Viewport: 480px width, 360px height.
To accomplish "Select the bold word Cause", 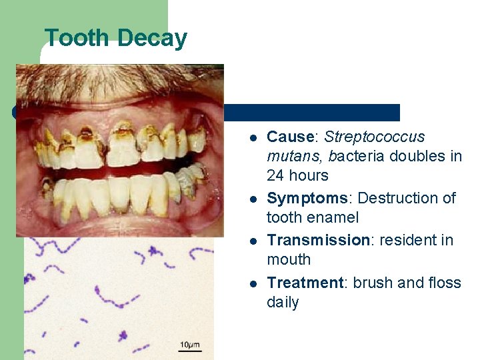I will pos(290,137).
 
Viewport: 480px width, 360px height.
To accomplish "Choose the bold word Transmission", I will pos(318,240).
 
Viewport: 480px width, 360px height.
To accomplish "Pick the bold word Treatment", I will pos(304,283).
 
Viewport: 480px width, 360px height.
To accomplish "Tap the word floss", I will pos(442,283).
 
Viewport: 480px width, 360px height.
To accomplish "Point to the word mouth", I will pos(289,259).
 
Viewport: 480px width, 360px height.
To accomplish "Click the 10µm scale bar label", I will pos(189,345).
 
